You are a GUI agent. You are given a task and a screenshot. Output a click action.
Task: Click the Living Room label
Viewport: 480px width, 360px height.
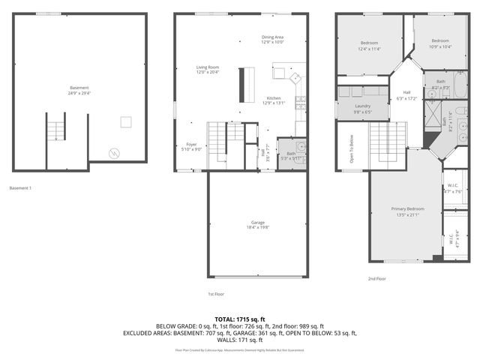click(208, 70)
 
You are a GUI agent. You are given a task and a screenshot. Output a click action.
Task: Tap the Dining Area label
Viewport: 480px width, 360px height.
click(272, 39)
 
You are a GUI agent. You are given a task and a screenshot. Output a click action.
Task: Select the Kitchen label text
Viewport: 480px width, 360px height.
click(274, 100)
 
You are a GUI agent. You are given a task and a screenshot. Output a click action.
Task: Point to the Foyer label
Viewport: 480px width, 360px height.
click(192, 146)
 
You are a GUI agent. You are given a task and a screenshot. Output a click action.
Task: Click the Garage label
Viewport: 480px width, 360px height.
click(257, 224)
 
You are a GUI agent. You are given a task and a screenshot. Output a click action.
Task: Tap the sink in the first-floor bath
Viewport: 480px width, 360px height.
click(299, 147)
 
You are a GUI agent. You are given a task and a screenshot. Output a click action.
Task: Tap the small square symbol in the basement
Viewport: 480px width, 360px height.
click(127, 122)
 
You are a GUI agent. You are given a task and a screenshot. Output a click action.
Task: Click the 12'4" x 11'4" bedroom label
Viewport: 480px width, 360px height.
click(370, 46)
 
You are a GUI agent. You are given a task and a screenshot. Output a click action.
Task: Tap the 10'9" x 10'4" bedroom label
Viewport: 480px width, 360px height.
click(439, 42)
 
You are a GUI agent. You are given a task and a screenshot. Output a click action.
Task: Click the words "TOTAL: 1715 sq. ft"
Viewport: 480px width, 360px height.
click(239, 319)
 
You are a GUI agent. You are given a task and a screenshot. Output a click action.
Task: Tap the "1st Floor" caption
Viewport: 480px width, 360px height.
click(216, 294)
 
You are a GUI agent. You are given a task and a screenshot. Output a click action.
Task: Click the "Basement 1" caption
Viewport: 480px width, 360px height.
click(20, 188)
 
